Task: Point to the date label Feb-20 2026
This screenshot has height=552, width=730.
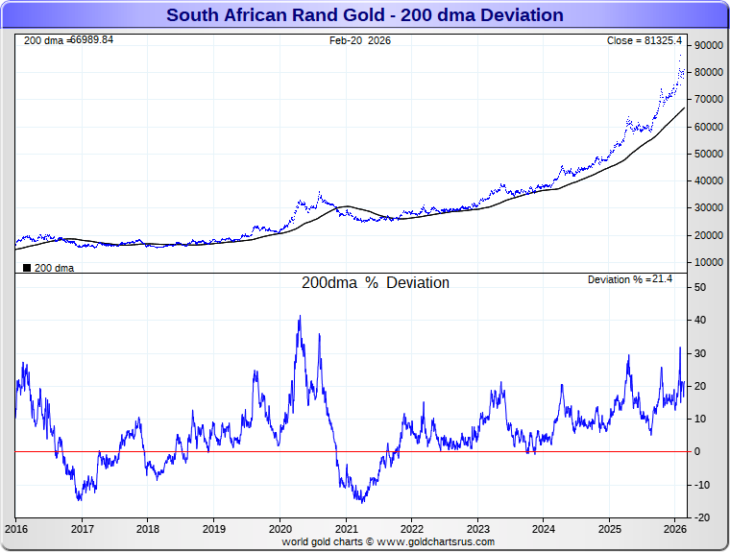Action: (x=360, y=40)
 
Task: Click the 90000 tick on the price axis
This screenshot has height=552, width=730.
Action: (x=708, y=45)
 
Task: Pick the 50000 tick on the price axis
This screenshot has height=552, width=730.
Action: (x=708, y=154)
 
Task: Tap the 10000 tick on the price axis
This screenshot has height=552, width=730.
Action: (x=708, y=262)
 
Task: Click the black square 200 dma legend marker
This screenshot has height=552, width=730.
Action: (x=26, y=268)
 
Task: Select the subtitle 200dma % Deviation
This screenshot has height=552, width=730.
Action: (x=375, y=283)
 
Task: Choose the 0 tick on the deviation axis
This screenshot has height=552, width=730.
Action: (x=698, y=451)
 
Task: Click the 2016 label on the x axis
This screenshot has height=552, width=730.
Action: (x=16, y=529)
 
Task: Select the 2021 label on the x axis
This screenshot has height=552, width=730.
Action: (x=346, y=529)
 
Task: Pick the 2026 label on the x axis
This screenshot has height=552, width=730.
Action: (x=674, y=529)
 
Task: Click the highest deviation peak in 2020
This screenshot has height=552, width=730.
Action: (x=300, y=317)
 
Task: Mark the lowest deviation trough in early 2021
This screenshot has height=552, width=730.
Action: (x=360, y=500)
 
